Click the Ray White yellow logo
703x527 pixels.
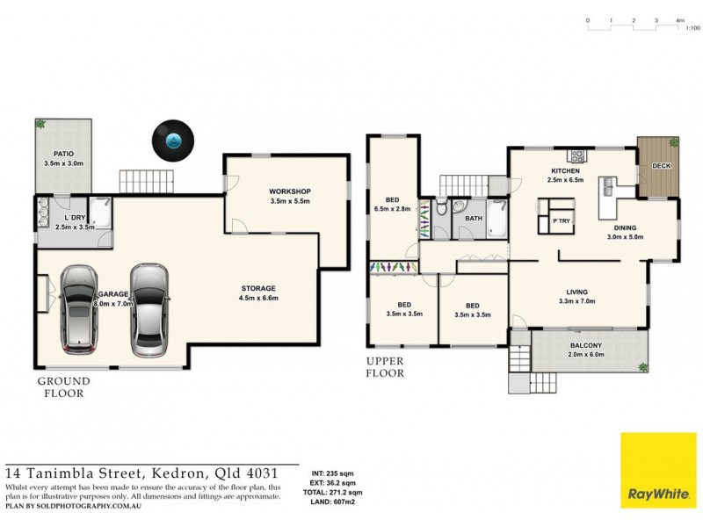[657, 471]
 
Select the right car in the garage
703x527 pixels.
[149, 309]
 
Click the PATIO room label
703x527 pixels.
[63, 154]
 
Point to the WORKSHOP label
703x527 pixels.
[291, 191]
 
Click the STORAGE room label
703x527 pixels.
[259, 288]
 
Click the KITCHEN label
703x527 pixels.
[567, 170]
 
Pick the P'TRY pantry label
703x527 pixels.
[561, 220]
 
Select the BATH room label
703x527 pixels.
[474, 218]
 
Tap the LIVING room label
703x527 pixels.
[576, 292]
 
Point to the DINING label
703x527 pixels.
[626, 227]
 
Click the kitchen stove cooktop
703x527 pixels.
[578, 155]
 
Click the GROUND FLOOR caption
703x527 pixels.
[63, 387]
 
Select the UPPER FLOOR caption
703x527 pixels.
[386, 367]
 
